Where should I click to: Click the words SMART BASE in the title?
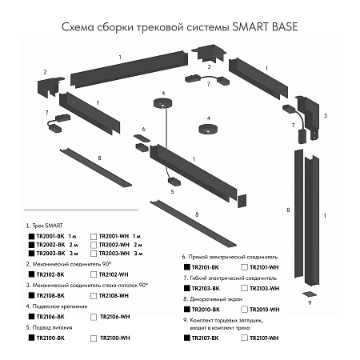pos(266,26)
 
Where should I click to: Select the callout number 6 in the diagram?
pos(144,128)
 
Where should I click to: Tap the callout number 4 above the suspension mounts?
pos(162,94)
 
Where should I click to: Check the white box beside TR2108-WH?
pos(94,295)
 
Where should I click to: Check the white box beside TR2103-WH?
pos(243,287)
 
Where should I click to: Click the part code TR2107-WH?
pos(265,338)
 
